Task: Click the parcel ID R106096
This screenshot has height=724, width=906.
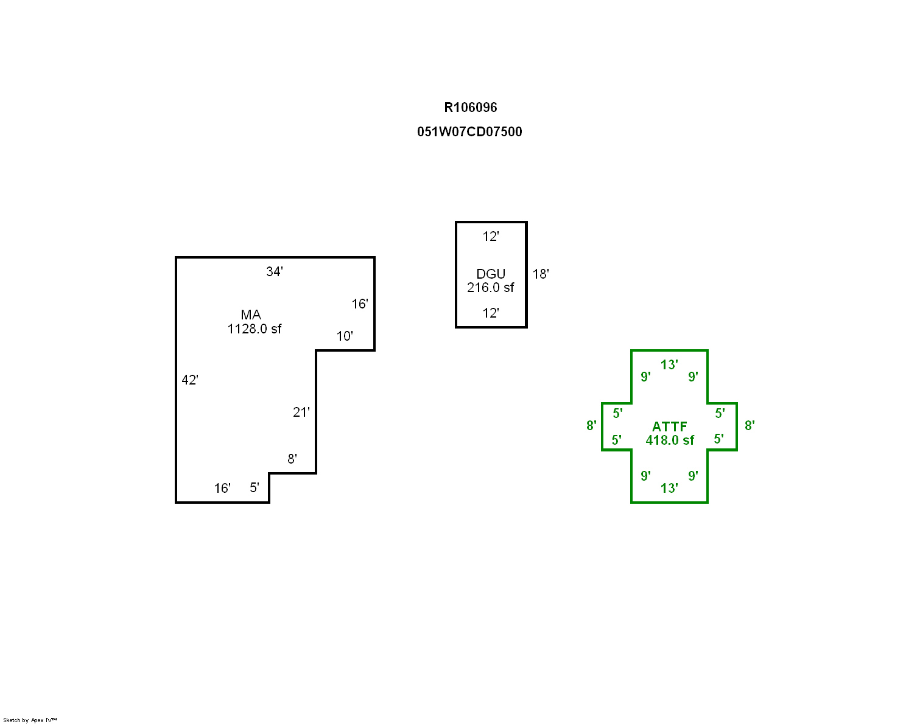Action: coord(470,107)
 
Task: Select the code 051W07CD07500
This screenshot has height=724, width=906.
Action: coord(469,131)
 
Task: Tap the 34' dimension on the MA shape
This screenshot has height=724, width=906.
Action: coord(275,271)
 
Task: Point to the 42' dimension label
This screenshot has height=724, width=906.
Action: coord(190,380)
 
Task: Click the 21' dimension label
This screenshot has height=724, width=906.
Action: coord(301,412)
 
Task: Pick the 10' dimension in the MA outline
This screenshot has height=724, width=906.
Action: coord(345,336)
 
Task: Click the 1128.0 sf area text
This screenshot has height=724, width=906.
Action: coord(255,329)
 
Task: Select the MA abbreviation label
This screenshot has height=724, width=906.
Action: coord(251,315)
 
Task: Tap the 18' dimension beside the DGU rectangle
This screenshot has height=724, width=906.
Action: coord(541,274)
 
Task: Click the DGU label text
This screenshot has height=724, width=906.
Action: coord(491,274)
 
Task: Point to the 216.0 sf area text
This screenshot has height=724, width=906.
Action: coord(491,287)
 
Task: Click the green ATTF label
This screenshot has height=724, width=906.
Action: coord(669,426)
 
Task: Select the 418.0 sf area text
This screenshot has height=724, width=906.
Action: coord(670,440)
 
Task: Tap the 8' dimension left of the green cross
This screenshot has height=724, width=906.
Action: coord(591,425)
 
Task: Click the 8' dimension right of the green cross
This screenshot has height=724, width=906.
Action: coord(750,425)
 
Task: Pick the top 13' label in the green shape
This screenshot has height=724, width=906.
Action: coord(669,364)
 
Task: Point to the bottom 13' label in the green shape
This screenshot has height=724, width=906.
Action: coord(669,488)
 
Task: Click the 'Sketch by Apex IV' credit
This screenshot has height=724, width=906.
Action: coord(30,720)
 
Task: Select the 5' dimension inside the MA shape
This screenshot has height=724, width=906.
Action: coord(255,487)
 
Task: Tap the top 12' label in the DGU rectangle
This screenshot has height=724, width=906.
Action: coord(491,237)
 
